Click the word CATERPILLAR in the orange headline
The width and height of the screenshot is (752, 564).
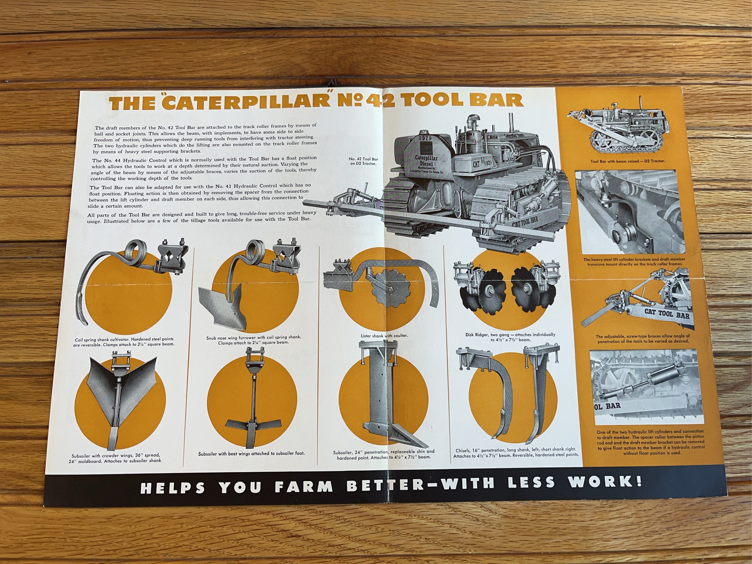coord(246,102)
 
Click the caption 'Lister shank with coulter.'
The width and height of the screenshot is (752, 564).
coord(384,336)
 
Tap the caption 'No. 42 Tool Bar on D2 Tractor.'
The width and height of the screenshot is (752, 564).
coord(363,161)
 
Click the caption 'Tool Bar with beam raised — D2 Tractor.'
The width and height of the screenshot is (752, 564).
coord(628,161)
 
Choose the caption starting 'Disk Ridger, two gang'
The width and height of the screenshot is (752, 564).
coord(510,337)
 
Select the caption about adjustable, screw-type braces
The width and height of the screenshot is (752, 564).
coord(643,339)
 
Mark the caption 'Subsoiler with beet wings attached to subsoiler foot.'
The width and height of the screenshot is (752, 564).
coord(252,453)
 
